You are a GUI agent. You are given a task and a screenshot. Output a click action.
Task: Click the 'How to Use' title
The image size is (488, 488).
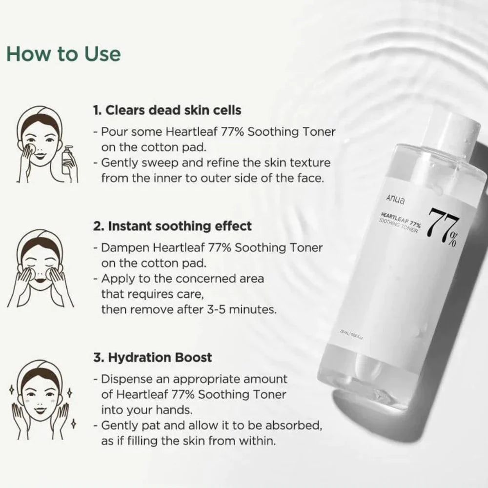(x=63, y=54)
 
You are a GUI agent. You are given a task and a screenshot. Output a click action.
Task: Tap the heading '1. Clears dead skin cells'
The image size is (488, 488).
(x=167, y=110)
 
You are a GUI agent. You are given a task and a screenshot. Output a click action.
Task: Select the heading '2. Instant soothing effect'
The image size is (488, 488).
(x=172, y=226)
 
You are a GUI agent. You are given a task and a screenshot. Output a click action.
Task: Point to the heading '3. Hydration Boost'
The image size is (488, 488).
(x=152, y=357)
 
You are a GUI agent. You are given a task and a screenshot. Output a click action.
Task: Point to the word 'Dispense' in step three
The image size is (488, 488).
(x=125, y=379)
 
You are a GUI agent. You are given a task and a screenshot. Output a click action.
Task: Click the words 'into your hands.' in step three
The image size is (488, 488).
(x=139, y=409)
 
